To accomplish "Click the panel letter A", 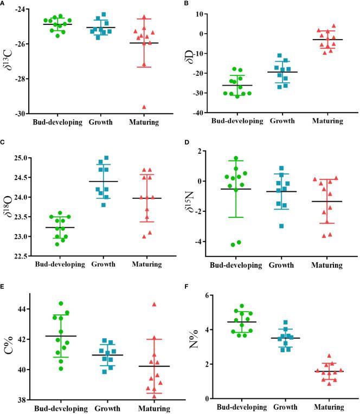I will [4, 4].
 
